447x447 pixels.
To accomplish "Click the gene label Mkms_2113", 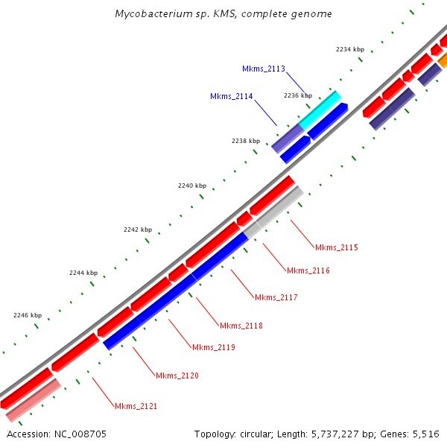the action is tap(264, 69).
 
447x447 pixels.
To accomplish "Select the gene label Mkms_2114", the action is tap(232, 96).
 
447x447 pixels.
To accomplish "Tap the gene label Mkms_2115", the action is tap(337, 247).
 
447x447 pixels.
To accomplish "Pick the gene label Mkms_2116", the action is tap(308, 270).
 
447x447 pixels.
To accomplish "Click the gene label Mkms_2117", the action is tap(276, 297).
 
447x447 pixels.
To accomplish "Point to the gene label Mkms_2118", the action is tap(241, 326).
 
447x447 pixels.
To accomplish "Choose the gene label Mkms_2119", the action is tap(214, 347).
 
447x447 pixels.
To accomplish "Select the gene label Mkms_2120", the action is tap(177, 375).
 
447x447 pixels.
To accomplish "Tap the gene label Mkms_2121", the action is tap(136, 406).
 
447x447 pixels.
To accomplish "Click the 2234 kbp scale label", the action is tap(350, 49).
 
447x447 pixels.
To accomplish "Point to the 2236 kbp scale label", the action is tap(298, 95).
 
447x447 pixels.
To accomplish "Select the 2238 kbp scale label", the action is tap(246, 141).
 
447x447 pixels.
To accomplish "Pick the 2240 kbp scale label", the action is tap(192, 186).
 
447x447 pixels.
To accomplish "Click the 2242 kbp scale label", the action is tap(138, 229).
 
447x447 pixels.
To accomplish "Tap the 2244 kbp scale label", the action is tap(83, 273).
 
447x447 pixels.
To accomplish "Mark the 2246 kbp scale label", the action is tap(28, 315).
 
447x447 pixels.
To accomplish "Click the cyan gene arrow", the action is tap(320, 109).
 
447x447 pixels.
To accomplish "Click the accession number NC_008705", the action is tap(57, 434).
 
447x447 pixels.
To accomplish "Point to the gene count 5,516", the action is tap(424, 434).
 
